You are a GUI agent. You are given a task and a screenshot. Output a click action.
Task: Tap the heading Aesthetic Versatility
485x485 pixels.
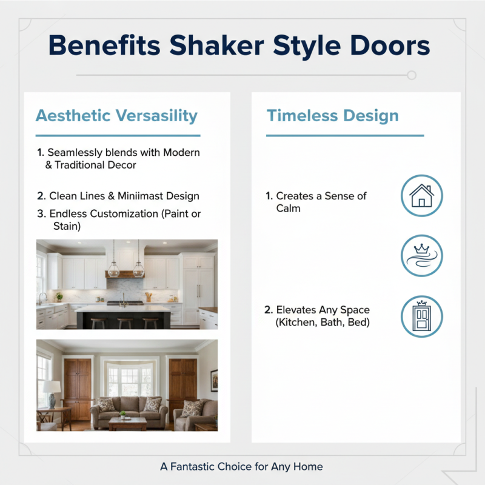[x=116, y=116]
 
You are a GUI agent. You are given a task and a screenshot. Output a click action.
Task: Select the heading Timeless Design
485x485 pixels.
[x=332, y=116]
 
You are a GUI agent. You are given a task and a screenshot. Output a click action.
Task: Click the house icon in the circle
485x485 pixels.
[x=422, y=196]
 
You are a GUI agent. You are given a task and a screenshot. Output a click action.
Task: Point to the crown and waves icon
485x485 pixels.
[x=422, y=256]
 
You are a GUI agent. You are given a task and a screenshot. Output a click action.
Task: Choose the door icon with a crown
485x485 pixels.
[x=422, y=316]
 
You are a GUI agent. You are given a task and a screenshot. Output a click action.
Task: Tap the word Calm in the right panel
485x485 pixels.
[x=288, y=209]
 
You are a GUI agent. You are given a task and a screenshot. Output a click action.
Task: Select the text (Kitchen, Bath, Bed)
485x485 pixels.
[x=322, y=323]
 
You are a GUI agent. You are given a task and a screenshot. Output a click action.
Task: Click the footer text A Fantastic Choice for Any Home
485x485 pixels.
[x=241, y=466]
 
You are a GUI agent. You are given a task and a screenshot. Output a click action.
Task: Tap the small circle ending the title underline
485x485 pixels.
[x=412, y=75]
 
